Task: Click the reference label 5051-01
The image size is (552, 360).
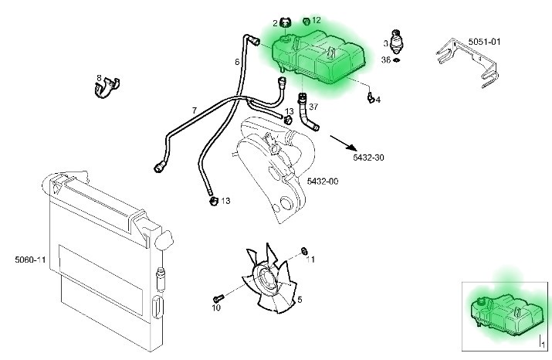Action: pos(485,41)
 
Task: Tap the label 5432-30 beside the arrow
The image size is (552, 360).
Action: pos(368,158)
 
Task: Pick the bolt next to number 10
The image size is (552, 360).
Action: pos(218,297)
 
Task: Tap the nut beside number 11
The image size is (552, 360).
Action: pos(305,250)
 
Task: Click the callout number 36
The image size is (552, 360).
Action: pos(386,59)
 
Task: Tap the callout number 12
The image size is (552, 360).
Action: pos(317,20)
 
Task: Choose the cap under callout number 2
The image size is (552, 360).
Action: pos(285,23)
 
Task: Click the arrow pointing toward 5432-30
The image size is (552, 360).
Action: pos(346,144)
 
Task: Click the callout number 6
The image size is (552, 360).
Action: pos(237,61)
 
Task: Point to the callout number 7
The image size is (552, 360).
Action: pos(194,110)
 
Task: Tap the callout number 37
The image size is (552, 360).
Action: pos(313,107)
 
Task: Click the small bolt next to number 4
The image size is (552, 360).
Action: pos(371,97)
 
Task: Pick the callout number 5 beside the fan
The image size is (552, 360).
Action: pos(300,300)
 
